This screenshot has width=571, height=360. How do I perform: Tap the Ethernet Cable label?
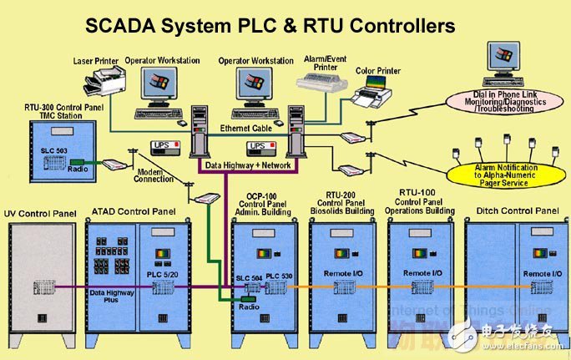[x=247, y=128]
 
